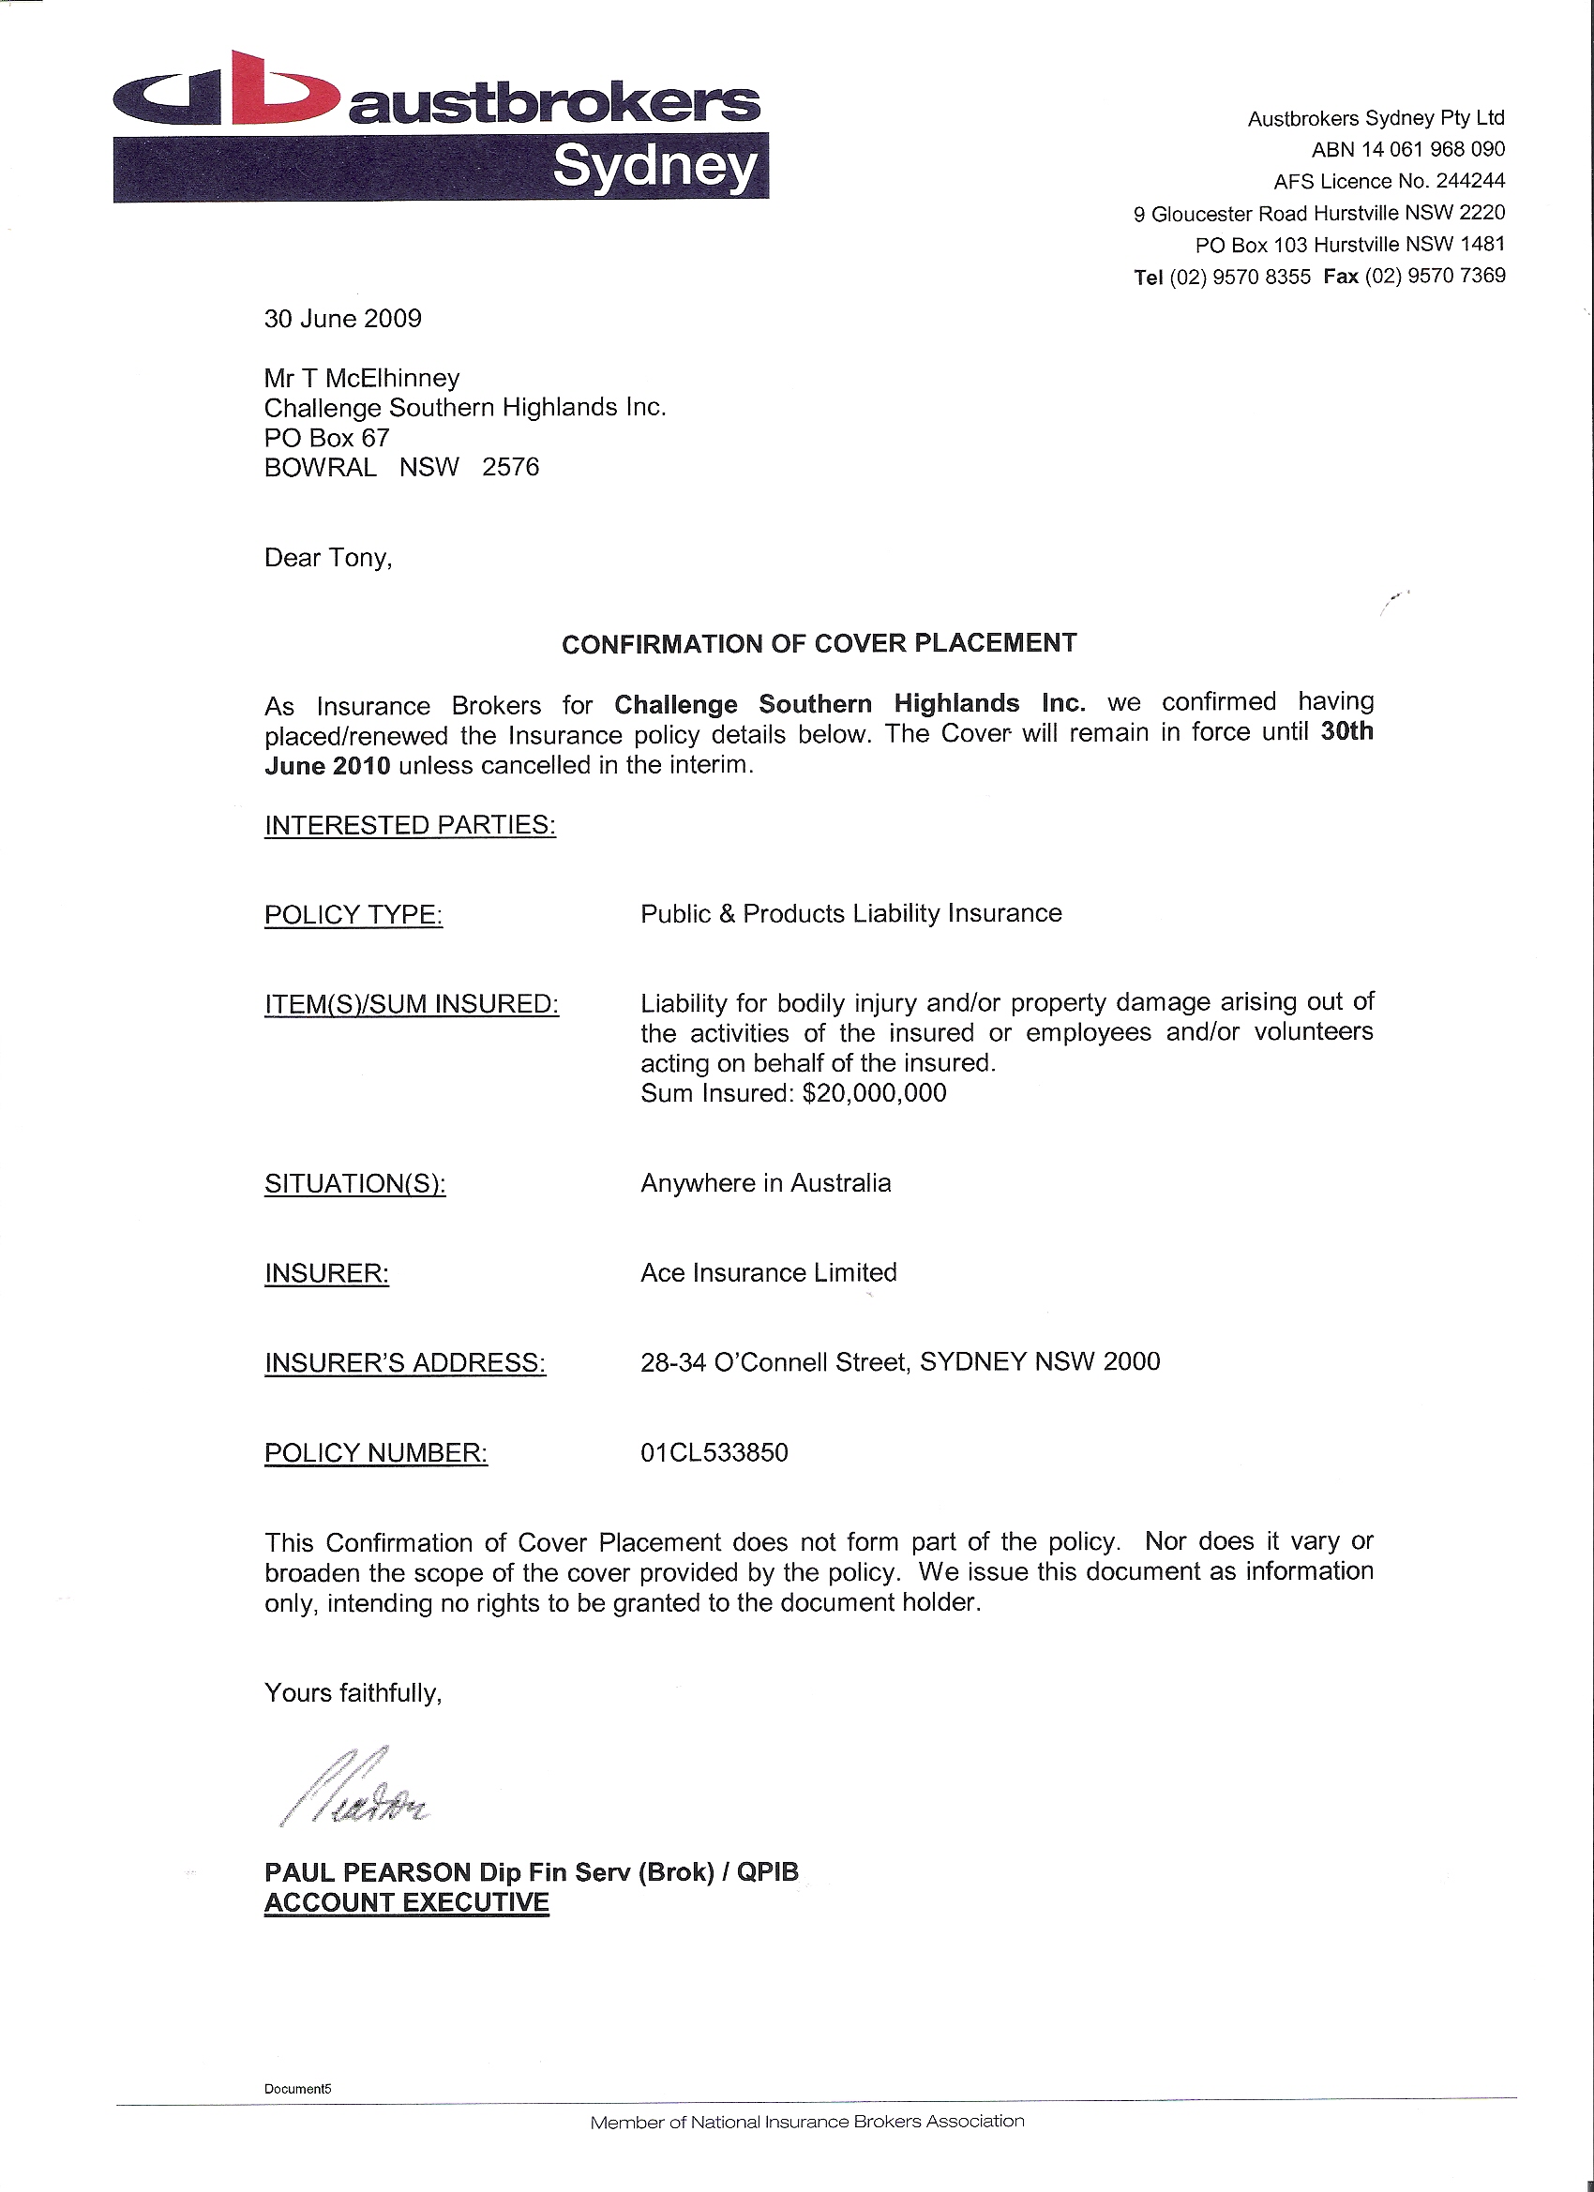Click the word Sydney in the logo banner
[x=654, y=167]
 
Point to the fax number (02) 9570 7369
[x=1435, y=277]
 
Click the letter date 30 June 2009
[x=343, y=319]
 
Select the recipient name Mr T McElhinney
[x=362, y=378]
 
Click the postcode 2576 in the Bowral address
[x=510, y=468]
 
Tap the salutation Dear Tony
[x=327, y=559]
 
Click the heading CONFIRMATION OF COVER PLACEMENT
[x=819, y=644]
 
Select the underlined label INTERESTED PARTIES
[x=410, y=825]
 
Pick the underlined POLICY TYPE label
[x=353, y=914]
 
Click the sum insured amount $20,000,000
[x=875, y=1093]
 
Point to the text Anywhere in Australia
[x=765, y=1183]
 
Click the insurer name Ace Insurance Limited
[x=769, y=1273]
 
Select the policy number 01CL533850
[x=714, y=1452]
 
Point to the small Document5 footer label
[x=298, y=2089]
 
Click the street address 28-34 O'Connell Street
[x=774, y=1363]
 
